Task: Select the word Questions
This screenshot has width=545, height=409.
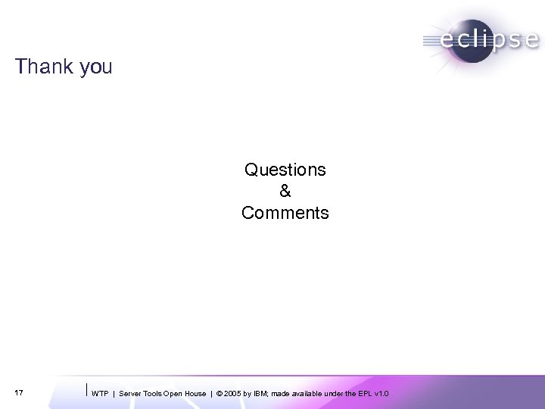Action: (x=285, y=170)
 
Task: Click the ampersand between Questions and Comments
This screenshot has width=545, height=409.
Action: (x=285, y=192)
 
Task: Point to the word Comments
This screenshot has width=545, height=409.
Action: (x=285, y=214)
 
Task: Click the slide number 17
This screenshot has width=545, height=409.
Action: (x=19, y=392)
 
